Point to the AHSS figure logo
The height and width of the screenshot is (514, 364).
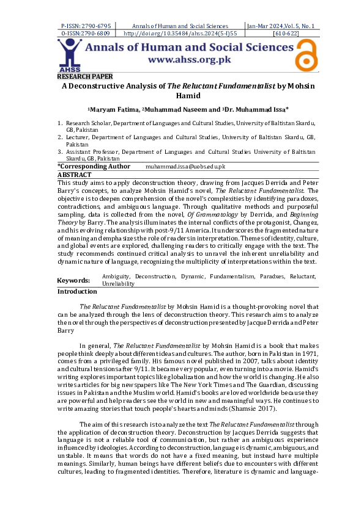coord(70,56)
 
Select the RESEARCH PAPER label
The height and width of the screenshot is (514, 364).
coord(85,76)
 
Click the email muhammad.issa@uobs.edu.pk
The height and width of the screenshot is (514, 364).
coord(185,167)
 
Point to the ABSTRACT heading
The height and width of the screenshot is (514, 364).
coord(74,175)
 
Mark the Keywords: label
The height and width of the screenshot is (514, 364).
coord(73,280)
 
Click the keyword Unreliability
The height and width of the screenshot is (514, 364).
coord(119,284)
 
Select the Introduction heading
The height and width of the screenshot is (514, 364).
coord(77,292)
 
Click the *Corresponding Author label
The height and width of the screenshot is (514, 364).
coord(94,166)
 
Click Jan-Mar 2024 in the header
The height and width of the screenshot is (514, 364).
coord(266,26)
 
